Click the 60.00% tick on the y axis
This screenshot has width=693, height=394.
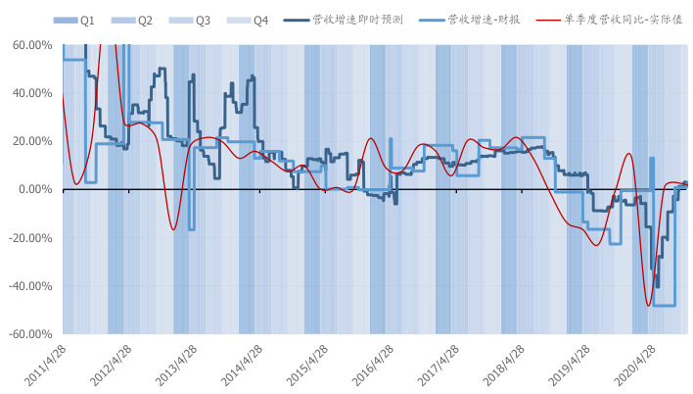coord(32,45)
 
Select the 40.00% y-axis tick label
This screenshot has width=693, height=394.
coord(32,93)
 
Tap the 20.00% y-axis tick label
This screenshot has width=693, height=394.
coord(32,141)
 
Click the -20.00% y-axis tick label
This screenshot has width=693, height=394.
coord(30,237)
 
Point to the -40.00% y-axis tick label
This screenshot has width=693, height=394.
coord(30,285)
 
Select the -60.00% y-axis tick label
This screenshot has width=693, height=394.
coord(30,333)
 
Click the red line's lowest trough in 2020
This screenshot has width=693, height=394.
coord(648,306)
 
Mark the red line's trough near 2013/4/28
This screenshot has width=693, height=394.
coord(173,230)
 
